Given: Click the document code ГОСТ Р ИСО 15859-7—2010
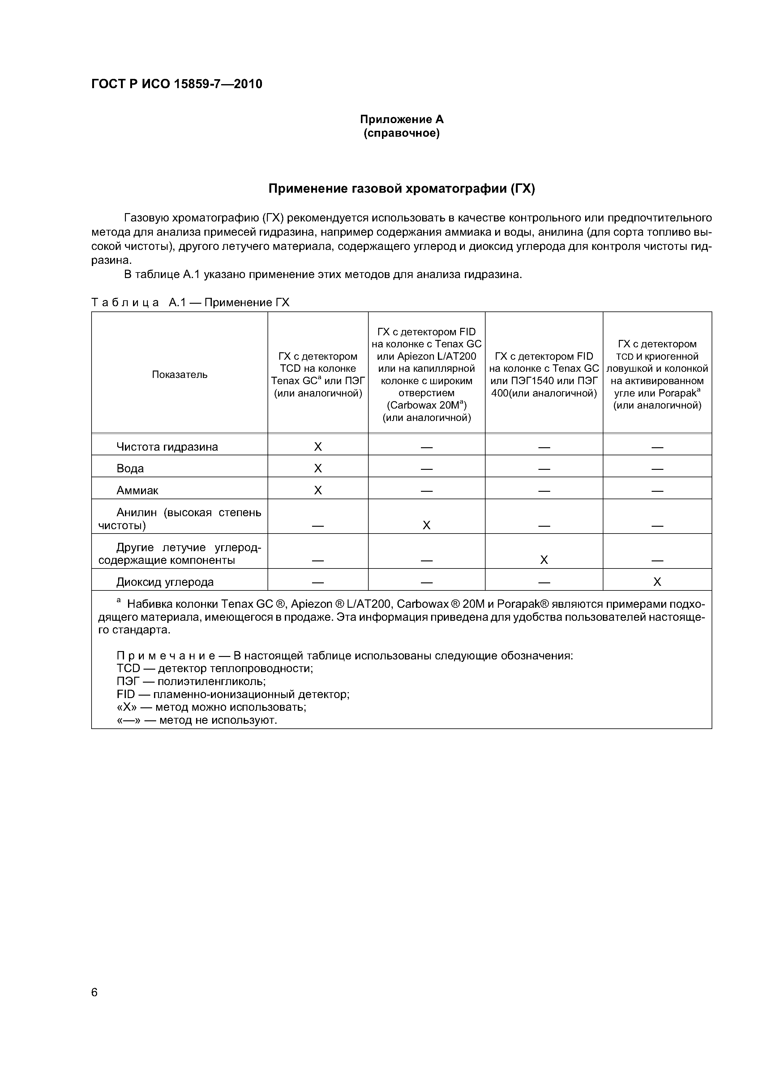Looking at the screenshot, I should coord(176,84).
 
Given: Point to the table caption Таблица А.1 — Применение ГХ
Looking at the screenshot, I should coord(190,302).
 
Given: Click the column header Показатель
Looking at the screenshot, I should coord(180,375).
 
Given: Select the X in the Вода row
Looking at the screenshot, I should coord(318,468).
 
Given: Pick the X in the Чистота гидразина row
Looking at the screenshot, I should coord(318,447).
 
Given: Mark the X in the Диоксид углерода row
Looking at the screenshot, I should coord(657,582).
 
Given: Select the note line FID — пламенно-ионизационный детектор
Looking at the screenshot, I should coord(233,694).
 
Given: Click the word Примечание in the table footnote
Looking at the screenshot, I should coord(166,656).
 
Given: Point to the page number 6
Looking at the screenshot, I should coord(95,993).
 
